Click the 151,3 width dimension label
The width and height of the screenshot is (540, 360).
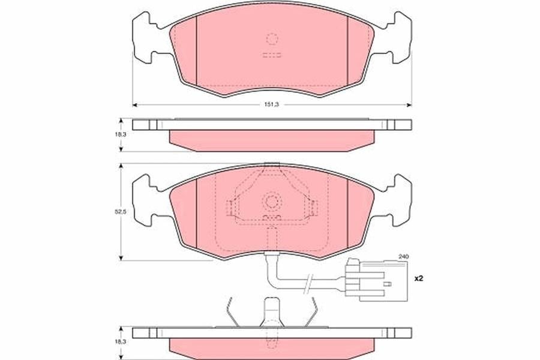click(271, 104)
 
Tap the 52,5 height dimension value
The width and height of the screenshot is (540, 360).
click(121, 212)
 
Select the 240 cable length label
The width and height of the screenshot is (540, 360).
click(403, 257)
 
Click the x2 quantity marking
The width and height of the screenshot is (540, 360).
click(418, 278)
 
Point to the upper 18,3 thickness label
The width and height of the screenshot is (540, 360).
click(121, 134)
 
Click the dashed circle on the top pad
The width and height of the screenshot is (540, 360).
click(272, 39)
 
